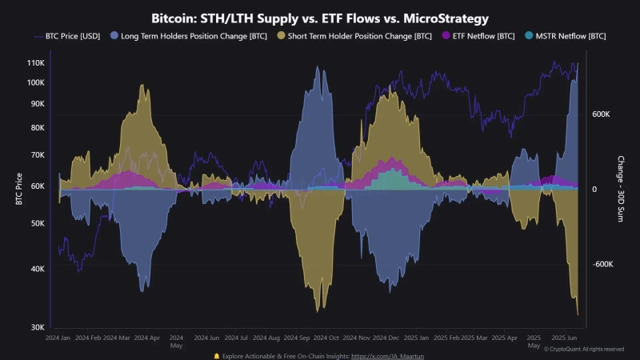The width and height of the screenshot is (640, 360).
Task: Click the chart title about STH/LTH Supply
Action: [320, 17]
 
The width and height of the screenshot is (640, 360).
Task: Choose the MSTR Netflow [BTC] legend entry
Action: [566, 36]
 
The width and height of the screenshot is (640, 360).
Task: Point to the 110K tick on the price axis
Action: [34, 62]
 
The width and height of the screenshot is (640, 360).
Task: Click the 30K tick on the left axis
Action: [37, 327]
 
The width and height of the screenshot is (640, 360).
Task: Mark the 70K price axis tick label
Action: [37, 154]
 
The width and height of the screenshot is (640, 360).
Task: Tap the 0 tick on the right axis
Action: [594, 190]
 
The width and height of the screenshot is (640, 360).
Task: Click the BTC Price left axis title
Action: [18, 190]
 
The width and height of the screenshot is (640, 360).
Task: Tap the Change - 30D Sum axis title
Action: [621, 190]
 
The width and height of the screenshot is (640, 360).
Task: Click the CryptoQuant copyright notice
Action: [584, 349]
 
